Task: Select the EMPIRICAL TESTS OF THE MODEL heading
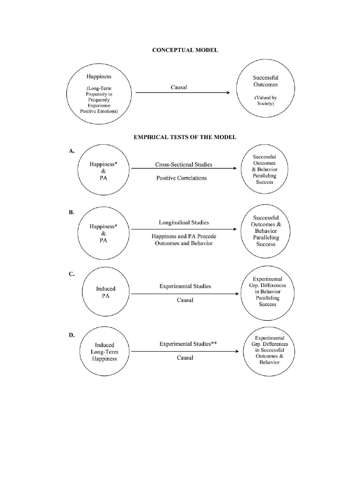185,137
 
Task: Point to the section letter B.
71,212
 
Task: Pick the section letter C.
71,274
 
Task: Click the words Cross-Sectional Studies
184,165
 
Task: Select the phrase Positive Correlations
181,178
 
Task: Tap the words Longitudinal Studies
184,223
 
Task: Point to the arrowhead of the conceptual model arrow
228,93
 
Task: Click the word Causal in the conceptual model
179,87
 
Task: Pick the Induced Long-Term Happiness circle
105,352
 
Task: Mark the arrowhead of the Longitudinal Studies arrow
235,229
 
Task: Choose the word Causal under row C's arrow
185,300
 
